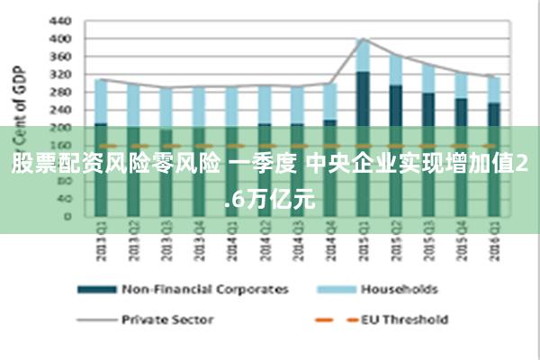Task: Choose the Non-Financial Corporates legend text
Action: point(205,290)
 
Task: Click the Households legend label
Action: point(400,290)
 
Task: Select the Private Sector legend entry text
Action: point(167,319)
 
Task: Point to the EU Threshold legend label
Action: point(404,319)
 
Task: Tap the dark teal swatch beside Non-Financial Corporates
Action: point(96,290)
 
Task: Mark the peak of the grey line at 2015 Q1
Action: point(362,39)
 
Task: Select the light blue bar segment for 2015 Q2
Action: point(395,70)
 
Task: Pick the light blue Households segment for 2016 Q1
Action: point(493,89)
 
